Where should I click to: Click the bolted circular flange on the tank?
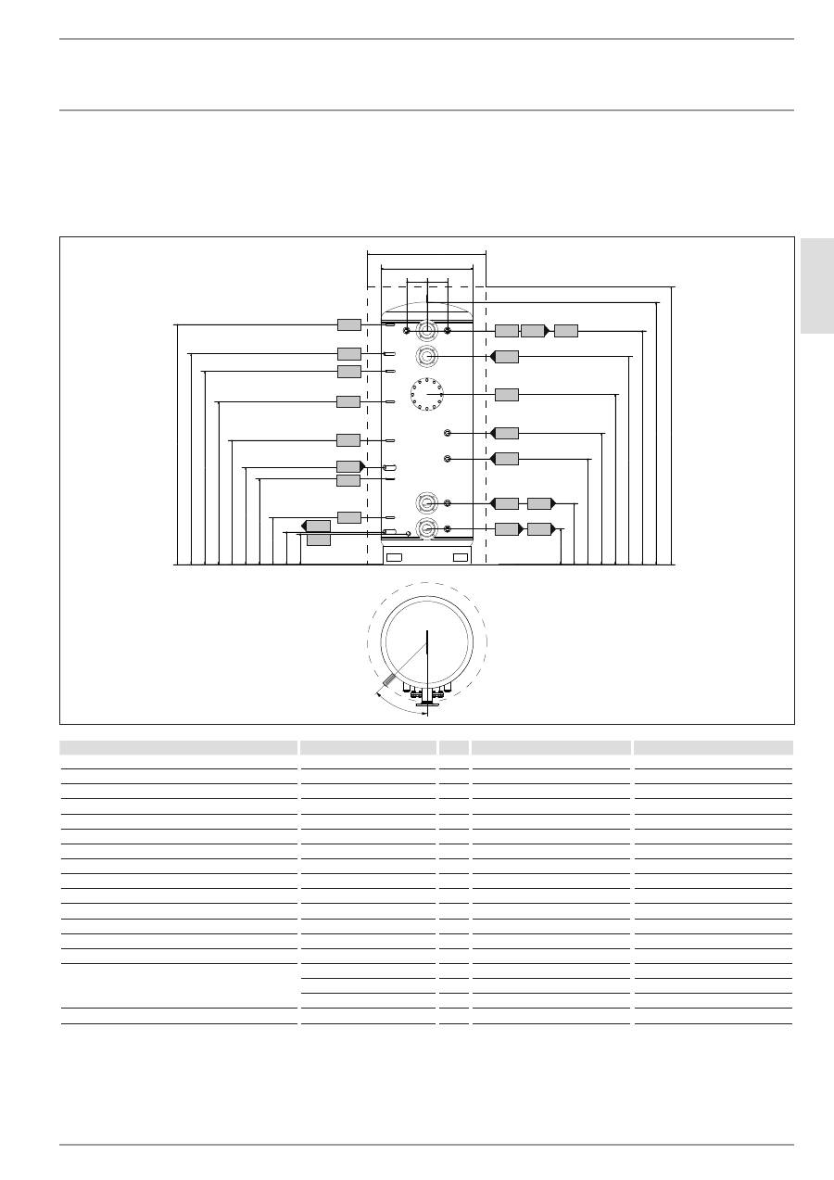(x=427, y=395)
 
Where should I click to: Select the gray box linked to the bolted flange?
(x=507, y=394)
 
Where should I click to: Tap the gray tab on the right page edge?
(x=817, y=285)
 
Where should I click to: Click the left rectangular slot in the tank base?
(x=394, y=557)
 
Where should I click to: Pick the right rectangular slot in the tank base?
(x=461, y=557)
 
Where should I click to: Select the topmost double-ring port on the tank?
(x=427, y=331)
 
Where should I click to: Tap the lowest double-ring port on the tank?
(x=427, y=529)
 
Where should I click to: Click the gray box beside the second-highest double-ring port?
(x=506, y=357)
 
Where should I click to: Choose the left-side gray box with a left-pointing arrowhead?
(x=317, y=527)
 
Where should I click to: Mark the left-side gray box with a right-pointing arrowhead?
(x=349, y=466)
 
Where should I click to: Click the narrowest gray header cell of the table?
(x=454, y=747)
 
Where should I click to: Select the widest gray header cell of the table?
(x=179, y=747)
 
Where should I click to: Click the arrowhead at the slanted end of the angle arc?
(x=379, y=692)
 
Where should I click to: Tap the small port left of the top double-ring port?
(x=407, y=330)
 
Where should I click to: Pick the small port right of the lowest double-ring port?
(x=448, y=528)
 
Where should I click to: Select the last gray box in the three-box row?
(x=566, y=331)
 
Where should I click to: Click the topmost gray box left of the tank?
(x=348, y=324)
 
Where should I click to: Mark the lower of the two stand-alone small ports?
(x=448, y=459)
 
